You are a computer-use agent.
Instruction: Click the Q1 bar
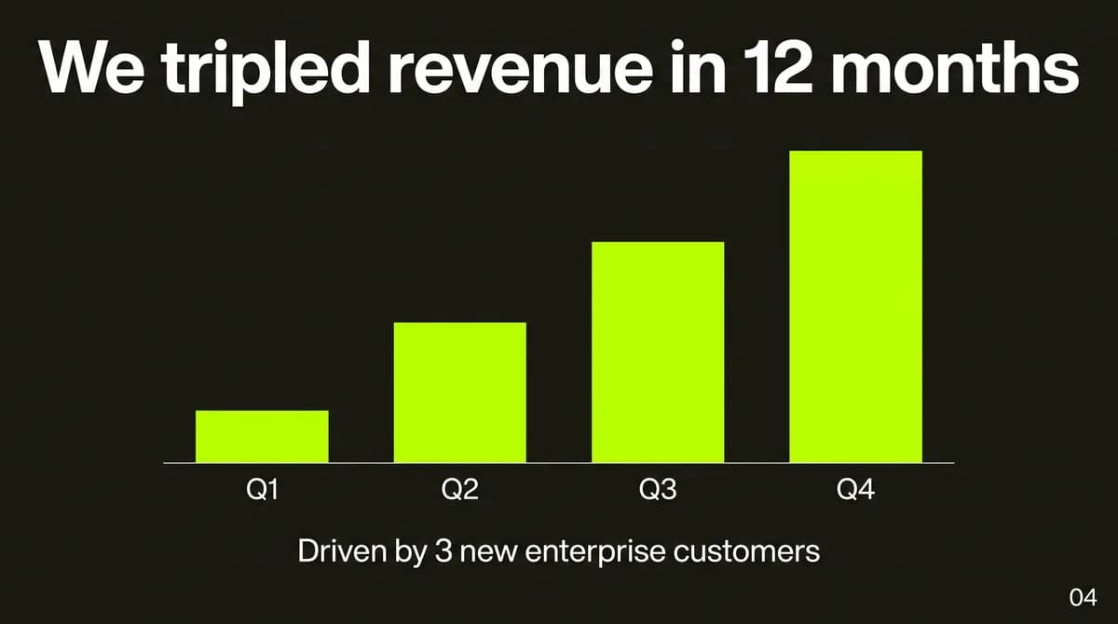262,437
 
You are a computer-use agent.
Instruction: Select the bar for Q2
459,392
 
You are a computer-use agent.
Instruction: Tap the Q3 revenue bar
658,352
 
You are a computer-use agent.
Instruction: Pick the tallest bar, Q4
855,306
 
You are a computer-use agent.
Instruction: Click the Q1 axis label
262,489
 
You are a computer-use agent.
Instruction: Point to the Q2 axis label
459,489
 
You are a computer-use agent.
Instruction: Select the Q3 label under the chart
658,489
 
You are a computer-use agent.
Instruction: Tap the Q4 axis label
855,489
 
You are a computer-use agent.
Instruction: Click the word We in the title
92,67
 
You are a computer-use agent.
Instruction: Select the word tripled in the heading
266,73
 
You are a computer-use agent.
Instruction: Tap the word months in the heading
955,67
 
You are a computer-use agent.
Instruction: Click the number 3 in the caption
443,551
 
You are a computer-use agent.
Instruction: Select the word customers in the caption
746,552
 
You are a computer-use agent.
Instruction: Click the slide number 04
1083,598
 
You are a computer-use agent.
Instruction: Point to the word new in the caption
488,553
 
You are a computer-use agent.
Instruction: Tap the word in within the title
698,67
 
